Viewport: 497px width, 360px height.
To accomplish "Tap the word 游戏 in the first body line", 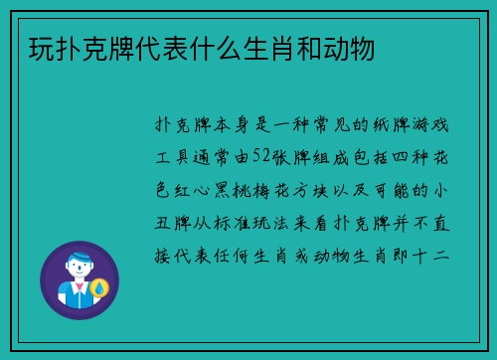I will click(428, 127).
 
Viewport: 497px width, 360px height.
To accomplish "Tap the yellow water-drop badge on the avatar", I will click(98, 288).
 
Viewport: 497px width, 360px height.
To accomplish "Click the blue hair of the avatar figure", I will click(79, 255).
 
